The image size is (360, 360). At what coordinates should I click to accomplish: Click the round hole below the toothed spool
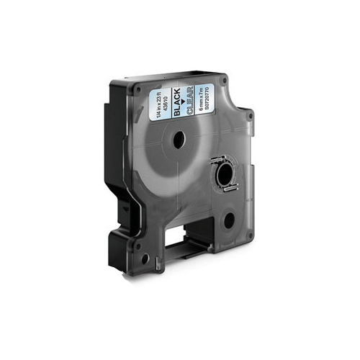tap(228, 220)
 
